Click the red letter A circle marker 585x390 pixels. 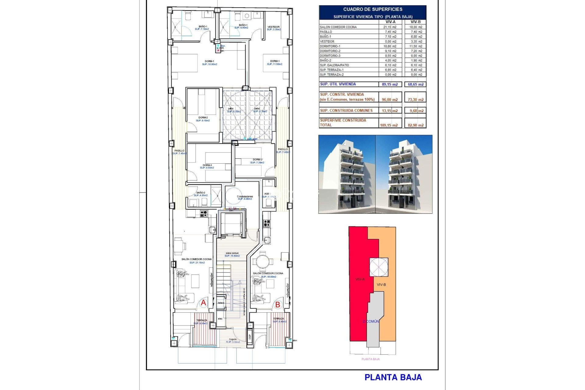(203, 303)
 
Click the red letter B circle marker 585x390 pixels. (278, 304)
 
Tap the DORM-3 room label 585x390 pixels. (207, 165)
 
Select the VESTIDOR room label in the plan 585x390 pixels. (273, 27)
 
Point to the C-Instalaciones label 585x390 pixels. (245, 197)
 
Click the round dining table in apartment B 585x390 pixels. (263, 261)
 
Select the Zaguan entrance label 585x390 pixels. (233, 339)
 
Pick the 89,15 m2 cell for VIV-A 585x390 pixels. (390, 84)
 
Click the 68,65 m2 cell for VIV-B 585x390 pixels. (416, 84)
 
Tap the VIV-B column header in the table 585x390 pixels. (415, 22)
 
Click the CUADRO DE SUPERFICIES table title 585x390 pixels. (373, 9)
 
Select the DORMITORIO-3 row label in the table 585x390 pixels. (330, 56)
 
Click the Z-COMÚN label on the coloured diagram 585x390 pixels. (371, 321)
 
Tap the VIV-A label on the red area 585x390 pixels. (360, 279)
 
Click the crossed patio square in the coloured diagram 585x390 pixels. (379, 267)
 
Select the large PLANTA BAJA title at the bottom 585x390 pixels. (393, 378)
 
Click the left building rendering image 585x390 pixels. (347, 174)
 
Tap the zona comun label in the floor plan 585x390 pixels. (232, 253)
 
